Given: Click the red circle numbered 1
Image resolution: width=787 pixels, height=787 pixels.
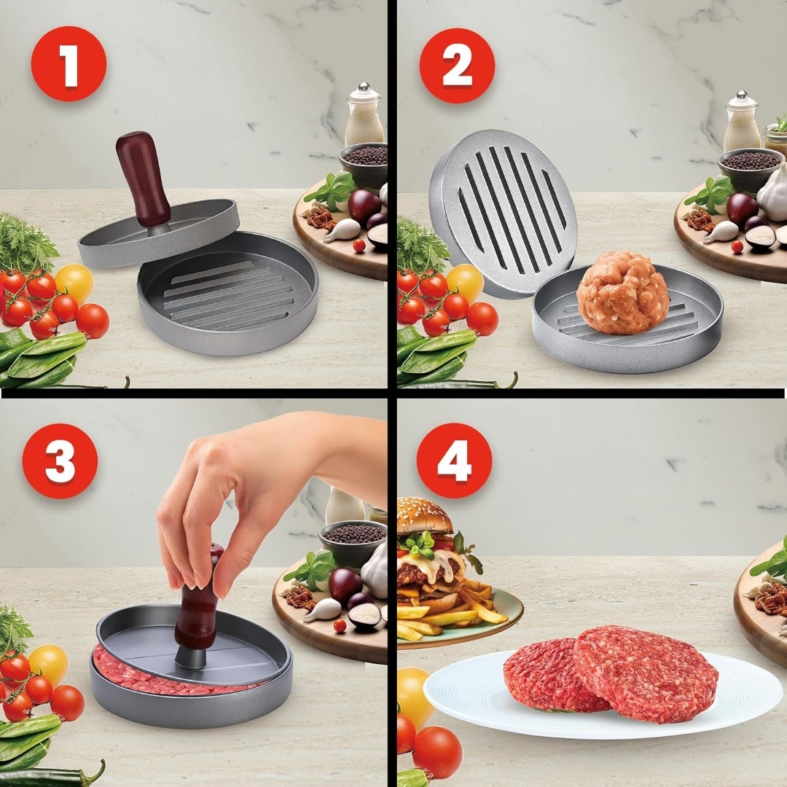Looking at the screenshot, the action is [68, 64].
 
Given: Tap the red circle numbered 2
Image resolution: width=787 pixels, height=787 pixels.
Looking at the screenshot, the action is [457, 66].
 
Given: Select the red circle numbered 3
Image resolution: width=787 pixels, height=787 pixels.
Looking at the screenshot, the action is [60, 461].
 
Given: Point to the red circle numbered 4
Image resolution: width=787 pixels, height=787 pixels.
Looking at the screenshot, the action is [454, 461].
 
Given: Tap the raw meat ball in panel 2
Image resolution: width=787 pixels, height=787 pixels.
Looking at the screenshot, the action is [622, 293].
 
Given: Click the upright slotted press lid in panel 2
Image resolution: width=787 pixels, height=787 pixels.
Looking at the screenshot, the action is [503, 214].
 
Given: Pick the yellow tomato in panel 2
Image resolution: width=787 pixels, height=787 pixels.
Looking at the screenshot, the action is [466, 283].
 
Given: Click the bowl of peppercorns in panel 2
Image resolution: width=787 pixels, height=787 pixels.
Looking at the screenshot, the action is [750, 168].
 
